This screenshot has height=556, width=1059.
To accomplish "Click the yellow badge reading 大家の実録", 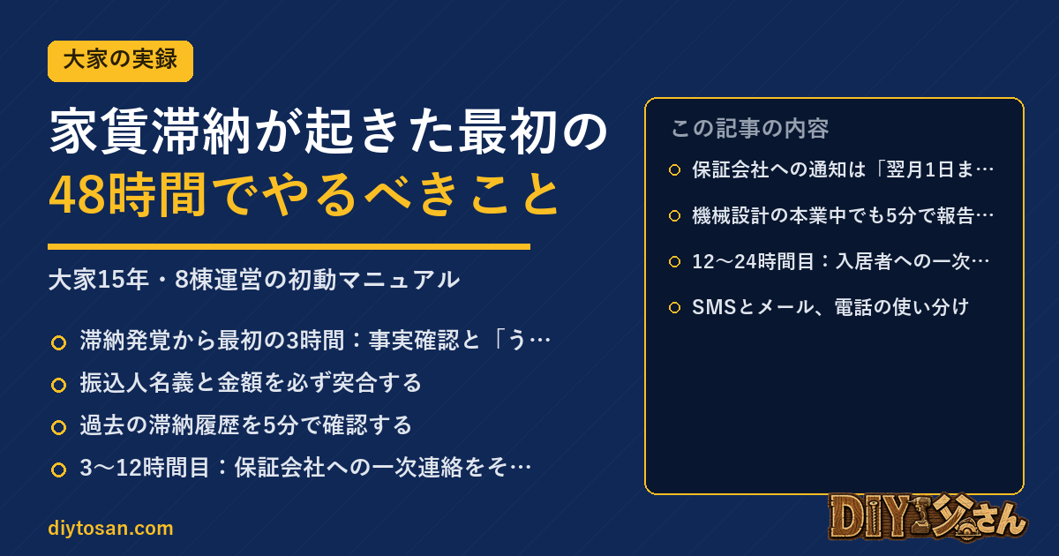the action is click(x=120, y=61).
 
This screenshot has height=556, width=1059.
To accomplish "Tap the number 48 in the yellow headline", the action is click(x=78, y=195).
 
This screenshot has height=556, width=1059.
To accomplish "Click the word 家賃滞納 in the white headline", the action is click(x=150, y=131).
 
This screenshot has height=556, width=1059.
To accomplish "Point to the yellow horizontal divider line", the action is click(x=289, y=246).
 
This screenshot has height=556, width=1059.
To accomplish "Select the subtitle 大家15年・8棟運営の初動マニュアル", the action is click(x=254, y=280).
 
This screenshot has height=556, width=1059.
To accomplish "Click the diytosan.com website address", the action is click(x=110, y=528).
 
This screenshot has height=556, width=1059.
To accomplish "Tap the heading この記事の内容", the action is click(x=750, y=129).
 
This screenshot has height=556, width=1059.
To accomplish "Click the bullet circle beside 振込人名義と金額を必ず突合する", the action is click(x=58, y=385).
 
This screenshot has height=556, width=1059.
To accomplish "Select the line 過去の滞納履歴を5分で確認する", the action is click(x=246, y=425).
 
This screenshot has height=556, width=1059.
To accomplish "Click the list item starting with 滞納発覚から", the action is click(x=315, y=341).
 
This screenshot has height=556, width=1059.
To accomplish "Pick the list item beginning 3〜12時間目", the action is click(x=306, y=468).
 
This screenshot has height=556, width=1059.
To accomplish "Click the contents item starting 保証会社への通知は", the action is click(x=843, y=169).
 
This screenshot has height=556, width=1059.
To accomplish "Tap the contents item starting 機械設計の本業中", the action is click(x=843, y=215).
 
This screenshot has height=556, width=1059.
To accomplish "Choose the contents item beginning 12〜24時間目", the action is click(x=841, y=261).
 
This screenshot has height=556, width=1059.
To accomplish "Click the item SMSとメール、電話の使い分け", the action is click(x=830, y=307).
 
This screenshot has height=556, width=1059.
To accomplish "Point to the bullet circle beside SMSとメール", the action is click(x=674, y=308).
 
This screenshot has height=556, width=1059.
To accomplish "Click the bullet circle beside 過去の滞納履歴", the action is click(x=58, y=427).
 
